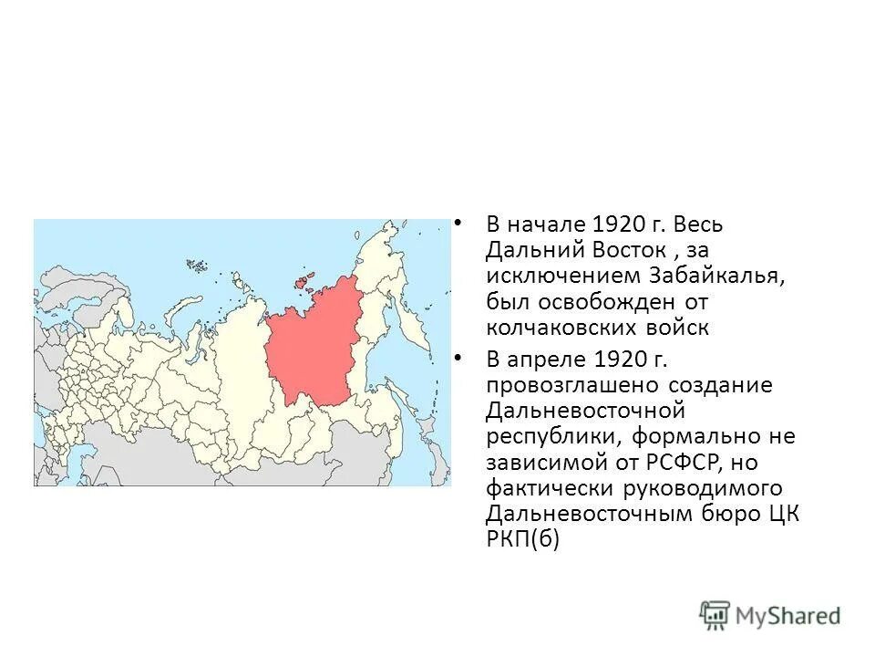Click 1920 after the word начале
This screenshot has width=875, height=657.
click(x=620, y=224)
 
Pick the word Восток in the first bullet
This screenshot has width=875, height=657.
click(x=609, y=250)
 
